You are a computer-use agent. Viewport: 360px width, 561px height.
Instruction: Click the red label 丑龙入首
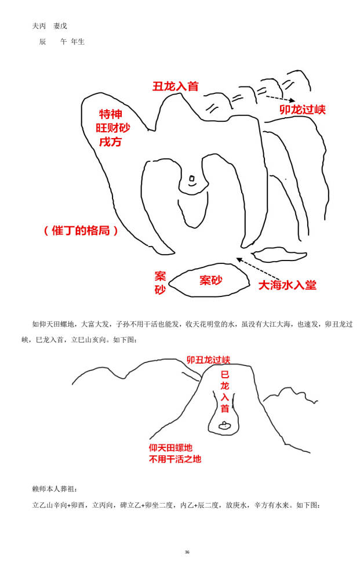click(x=175, y=86)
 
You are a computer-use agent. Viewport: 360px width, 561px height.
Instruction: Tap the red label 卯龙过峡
click(x=303, y=110)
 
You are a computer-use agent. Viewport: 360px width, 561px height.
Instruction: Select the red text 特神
click(x=111, y=114)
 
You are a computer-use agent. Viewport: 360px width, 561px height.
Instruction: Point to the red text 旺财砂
click(x=112, y=128)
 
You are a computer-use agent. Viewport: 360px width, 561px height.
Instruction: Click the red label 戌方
click(x=110, y=142)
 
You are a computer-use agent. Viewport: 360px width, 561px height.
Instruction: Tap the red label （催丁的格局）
click(x=81, y=230)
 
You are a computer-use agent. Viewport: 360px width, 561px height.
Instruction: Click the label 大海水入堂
click(x=288, y=285)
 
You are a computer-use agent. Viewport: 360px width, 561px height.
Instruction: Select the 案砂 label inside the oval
click(x=210, y=280)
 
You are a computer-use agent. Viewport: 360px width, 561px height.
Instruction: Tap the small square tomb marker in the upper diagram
click(x=192, y=178)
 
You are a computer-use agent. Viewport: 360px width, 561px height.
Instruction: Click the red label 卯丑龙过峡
click(x=209, y=360)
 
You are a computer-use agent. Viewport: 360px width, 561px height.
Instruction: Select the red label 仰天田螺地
click(x=170, y=448)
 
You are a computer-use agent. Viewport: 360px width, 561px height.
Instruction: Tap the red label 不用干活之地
click(x=175, y=459)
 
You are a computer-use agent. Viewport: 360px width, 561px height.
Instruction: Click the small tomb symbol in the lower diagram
click(x=224, y=425)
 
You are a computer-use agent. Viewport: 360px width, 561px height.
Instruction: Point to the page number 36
click(x=187, y=552)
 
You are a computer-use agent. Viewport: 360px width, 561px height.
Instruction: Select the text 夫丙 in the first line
click(x=39, y=26)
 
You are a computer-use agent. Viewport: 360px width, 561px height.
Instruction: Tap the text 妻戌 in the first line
click(x=60, y=26)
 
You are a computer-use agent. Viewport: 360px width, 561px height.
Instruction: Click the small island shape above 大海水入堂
click(x=279, y=254)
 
